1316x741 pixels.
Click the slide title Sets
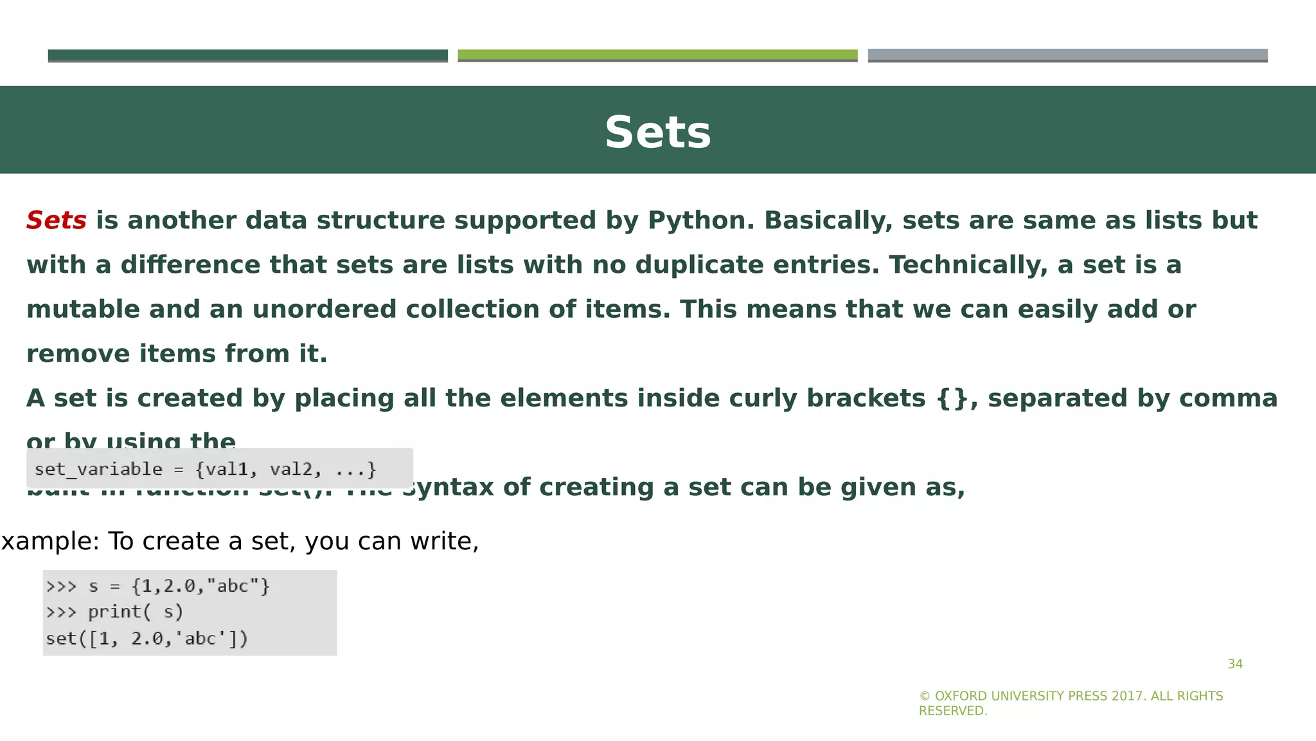pos(657,133)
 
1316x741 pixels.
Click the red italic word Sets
pos(57,221)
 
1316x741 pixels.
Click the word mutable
pos(83,309)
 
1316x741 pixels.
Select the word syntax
pos(447,488)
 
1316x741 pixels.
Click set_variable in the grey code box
pos(98,469)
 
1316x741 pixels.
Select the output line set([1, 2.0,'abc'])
pos(147,639)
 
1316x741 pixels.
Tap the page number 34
pos(1235,664)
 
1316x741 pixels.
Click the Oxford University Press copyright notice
pos(1071,703)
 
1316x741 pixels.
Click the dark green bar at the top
pos(247,55)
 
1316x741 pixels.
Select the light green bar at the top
pos(657,55)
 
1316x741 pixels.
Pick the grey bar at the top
pos(1067,55)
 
